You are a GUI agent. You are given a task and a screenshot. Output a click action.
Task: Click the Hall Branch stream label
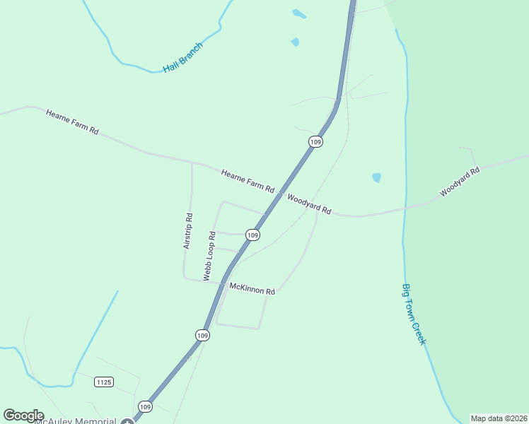tap(182, 57)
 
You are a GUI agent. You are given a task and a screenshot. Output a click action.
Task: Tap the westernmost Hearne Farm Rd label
tap(72, 122)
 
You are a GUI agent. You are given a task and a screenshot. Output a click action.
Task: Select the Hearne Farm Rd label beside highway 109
tap(247, 182)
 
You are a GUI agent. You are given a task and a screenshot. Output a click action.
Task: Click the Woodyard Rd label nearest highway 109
tap(309, 204)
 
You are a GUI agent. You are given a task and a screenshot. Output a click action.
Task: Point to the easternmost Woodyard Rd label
tap(460, 182)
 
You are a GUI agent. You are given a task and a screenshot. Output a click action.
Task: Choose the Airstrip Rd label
tap(187, 230)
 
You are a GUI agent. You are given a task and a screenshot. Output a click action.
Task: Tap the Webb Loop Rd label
tap(209, 255)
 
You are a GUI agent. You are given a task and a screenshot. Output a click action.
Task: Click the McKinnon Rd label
tap(252, 289)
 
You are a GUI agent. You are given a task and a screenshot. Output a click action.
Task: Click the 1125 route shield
tap(103, 382)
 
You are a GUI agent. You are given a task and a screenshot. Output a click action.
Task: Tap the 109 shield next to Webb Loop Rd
tap(252, 235)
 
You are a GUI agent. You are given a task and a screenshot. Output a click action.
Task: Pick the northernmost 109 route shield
tap(315, 142)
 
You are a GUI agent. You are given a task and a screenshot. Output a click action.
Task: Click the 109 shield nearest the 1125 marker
tap(145, 406)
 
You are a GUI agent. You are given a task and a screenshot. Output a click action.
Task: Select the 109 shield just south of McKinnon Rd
tap(203, 335)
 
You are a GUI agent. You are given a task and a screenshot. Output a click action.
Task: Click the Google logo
tap(23, 416)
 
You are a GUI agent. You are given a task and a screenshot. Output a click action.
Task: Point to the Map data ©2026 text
tap(499, 418)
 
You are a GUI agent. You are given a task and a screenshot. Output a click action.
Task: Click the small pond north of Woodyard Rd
tap(376, 177)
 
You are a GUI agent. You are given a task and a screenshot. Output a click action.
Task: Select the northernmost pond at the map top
tap(298, 13)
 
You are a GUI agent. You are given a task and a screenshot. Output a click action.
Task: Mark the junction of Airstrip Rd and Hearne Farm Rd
tap(192, 163)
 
